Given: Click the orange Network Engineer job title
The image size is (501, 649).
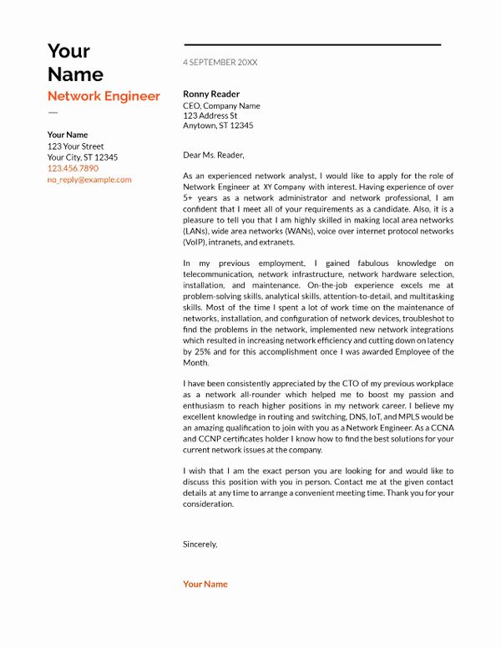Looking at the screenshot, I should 104,96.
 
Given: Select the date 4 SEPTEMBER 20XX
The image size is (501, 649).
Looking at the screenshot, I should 220,63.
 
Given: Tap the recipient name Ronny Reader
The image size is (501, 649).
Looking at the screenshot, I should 211,95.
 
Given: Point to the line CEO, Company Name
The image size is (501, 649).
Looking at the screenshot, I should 221,106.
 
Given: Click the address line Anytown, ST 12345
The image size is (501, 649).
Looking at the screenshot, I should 218,125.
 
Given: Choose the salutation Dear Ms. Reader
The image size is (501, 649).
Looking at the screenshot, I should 214,155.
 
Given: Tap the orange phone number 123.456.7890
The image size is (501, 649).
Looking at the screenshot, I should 73,168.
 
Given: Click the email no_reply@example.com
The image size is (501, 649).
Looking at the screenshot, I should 89,180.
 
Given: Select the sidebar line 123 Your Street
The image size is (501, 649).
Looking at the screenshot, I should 75,146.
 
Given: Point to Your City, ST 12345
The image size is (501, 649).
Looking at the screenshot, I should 82,157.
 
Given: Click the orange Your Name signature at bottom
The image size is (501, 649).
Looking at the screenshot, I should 205,584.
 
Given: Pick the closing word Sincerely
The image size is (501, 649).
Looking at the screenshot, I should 200,544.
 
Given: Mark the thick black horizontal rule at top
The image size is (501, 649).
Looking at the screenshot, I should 311,44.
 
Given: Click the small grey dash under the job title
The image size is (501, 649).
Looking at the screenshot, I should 53,111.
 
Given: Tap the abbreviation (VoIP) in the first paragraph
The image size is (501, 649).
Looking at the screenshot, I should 196,242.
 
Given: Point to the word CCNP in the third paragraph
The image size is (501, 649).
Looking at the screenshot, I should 213,439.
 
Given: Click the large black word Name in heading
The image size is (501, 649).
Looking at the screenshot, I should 75,74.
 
